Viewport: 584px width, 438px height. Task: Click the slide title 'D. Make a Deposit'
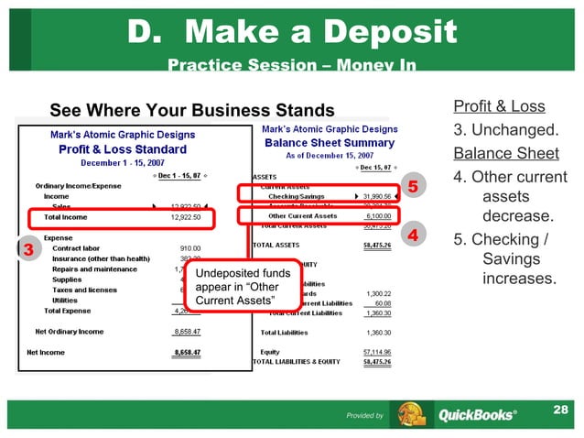pos(291,34)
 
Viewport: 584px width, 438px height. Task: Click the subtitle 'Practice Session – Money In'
pos(292,65)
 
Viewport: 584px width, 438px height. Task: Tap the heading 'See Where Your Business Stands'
pos(179,110)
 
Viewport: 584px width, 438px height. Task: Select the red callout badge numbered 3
pos(28,248)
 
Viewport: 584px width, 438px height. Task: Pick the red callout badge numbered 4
pos(412,235)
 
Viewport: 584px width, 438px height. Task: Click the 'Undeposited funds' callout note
pos(232,287)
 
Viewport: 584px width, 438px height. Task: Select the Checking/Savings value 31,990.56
pos(376,196)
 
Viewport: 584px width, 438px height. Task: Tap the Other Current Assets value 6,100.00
pos(378,215)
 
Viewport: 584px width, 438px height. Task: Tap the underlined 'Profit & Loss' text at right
pos(499,107)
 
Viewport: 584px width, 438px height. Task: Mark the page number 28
pos(561,405)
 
